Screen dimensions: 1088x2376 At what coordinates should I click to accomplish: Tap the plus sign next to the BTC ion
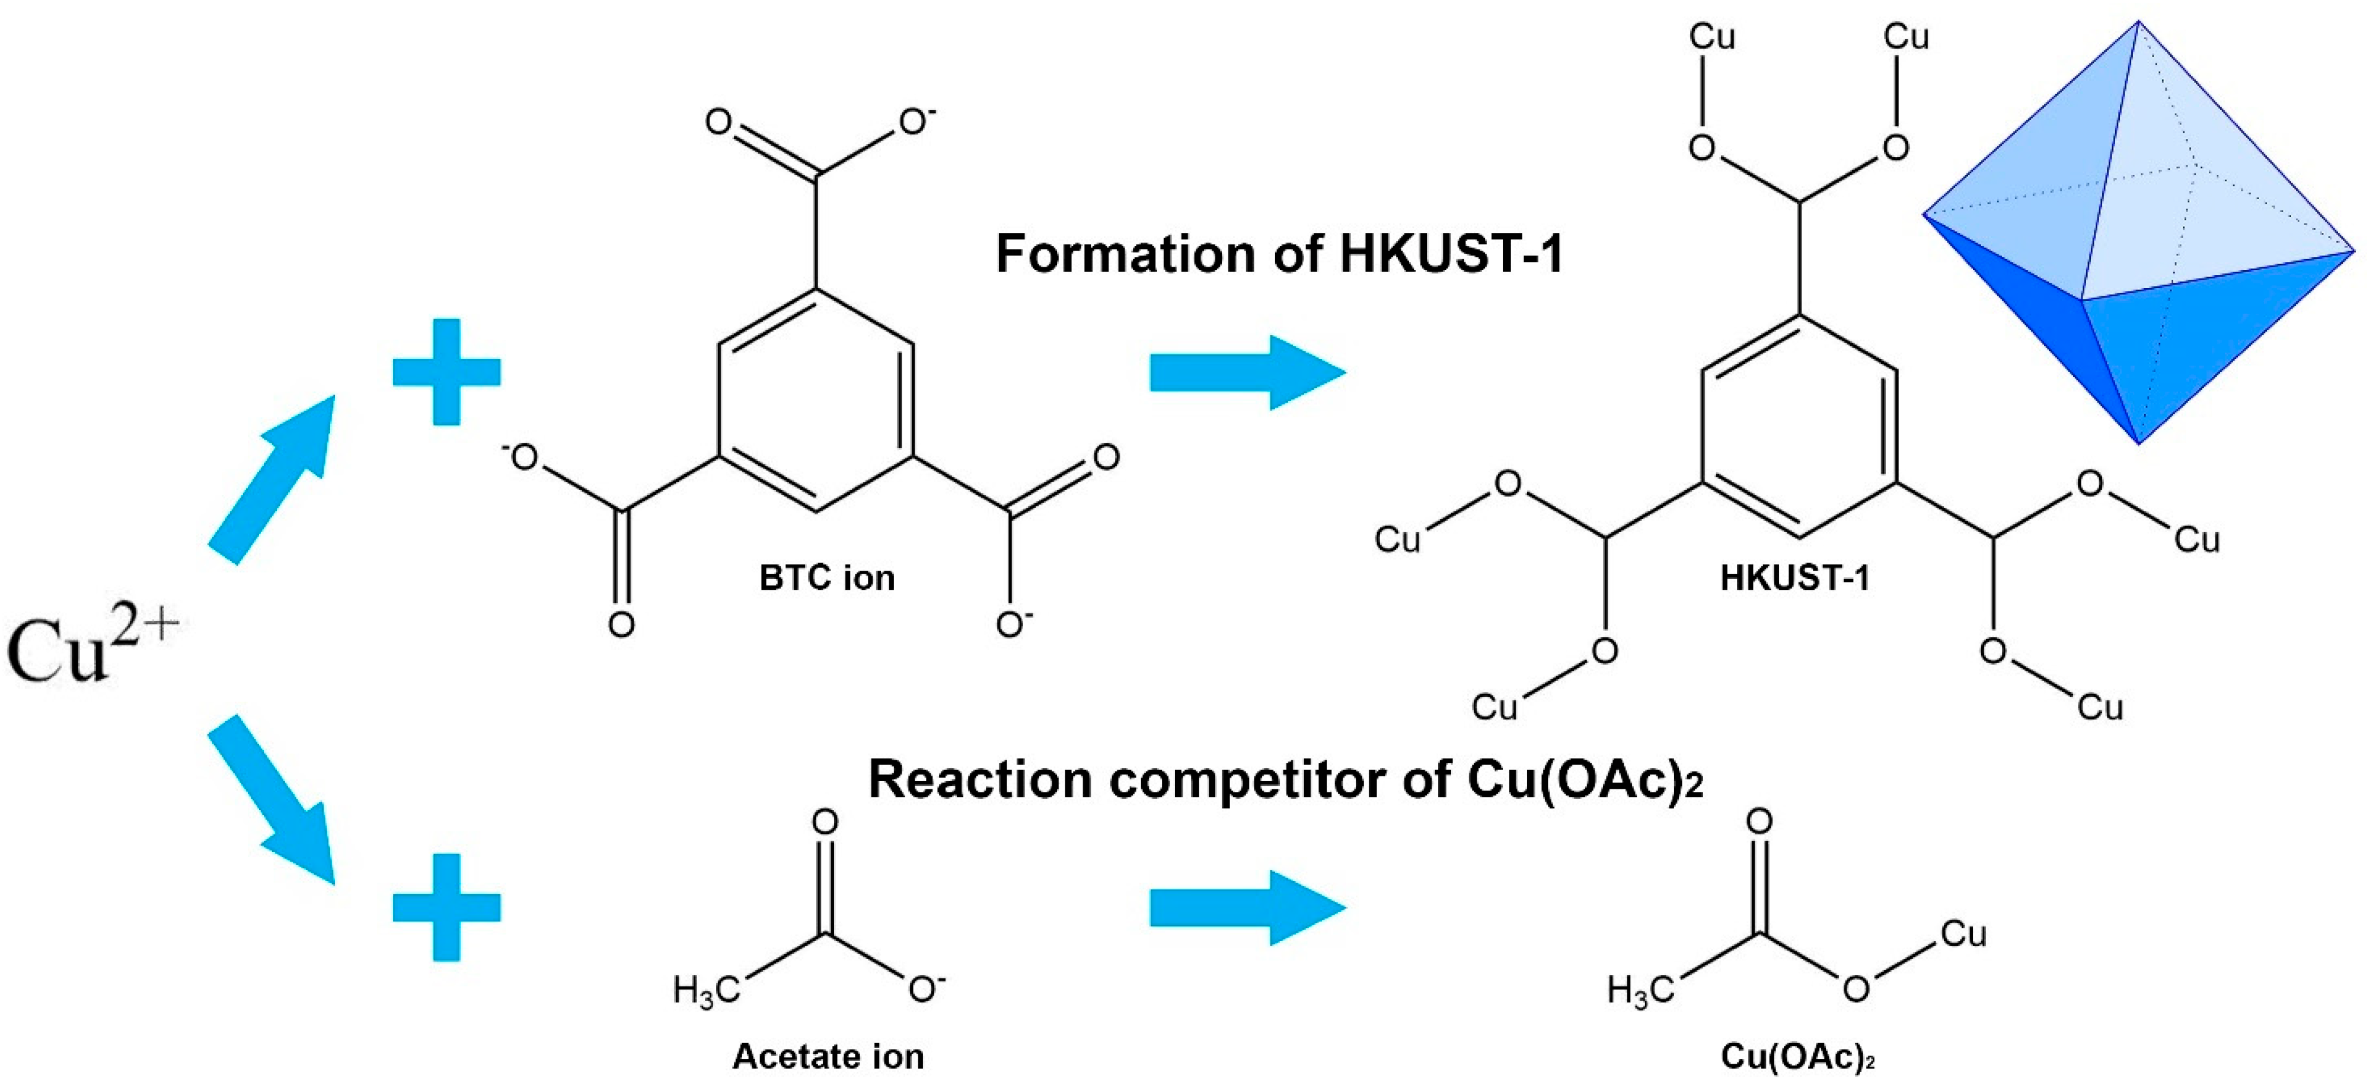pos(446,373)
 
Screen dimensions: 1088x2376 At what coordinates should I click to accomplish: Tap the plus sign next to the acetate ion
pos(446,907)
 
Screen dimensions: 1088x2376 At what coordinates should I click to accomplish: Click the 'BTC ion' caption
pos(826,578)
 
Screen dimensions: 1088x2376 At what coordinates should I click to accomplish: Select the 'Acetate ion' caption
pos(828,1057)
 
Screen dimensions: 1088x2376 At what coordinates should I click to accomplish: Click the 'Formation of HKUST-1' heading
pos(1279,254)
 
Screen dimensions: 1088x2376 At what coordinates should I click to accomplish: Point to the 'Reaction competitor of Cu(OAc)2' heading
pos(1285,780)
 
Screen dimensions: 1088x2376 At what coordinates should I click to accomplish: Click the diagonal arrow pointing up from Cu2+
pos(272,479)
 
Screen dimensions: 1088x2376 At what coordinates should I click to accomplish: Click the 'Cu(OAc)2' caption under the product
pos(1797,1057)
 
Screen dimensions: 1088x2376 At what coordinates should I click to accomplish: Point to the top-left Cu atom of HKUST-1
pos(1712,37)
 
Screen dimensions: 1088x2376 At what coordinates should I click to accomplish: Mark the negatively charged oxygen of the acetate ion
pos(923,990)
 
